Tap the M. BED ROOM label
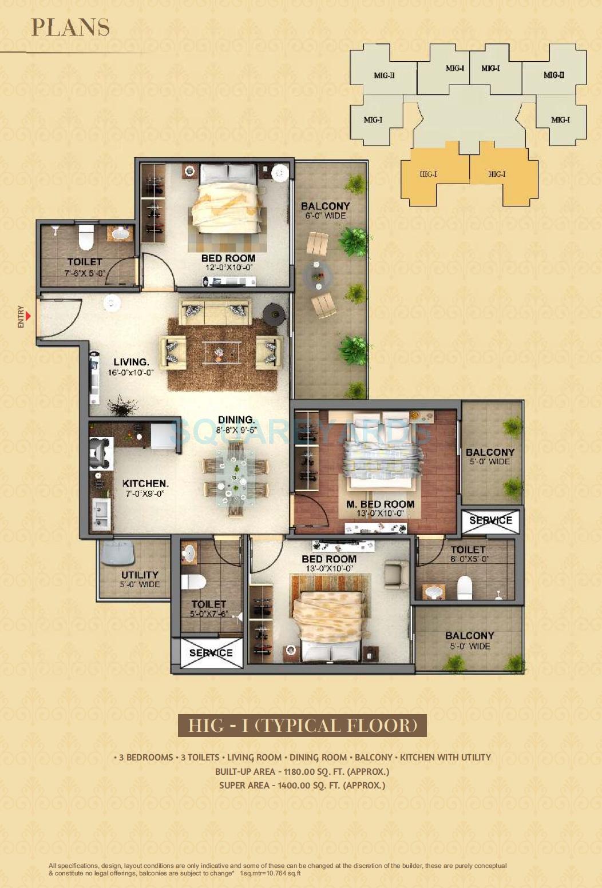(380, 504)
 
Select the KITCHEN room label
(145, 483)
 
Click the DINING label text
(236, 420)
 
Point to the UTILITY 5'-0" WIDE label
(140, 579)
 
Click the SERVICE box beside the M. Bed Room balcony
(490, 520)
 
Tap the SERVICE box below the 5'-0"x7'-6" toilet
(211, 653)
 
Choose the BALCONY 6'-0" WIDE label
(325, 210)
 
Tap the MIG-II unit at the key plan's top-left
(384, 75)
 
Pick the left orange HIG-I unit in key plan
(428, 174)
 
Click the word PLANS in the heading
(70, 27)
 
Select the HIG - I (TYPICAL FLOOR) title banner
(302, 726)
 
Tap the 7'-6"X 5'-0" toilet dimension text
(85, 273)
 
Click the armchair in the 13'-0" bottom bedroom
(396, 575)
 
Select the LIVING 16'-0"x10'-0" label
(130, 367)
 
